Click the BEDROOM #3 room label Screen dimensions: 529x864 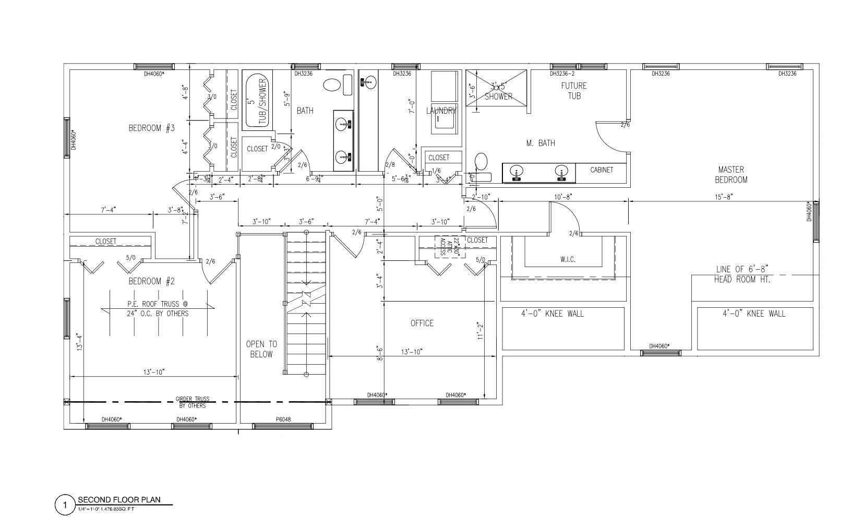(151, 128)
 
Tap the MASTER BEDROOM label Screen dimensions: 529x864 (730, 175)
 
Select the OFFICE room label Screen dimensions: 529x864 (422, 323)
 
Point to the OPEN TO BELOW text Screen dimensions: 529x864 (261, 349)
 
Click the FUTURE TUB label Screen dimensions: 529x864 (573, 91)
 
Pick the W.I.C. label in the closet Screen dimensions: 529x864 (568, 259)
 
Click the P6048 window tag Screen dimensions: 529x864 (283, 419)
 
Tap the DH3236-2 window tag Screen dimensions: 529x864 (562, 74)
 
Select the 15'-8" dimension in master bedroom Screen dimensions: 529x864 (723, 197)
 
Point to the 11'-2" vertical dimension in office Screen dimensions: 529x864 (480, 331)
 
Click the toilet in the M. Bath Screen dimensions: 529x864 (481, 167)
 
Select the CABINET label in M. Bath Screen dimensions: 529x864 (601, 170)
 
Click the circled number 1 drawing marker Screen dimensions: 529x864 (65, 505)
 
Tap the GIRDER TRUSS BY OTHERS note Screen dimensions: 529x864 (193, 402)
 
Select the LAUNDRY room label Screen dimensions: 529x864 (441, 111)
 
